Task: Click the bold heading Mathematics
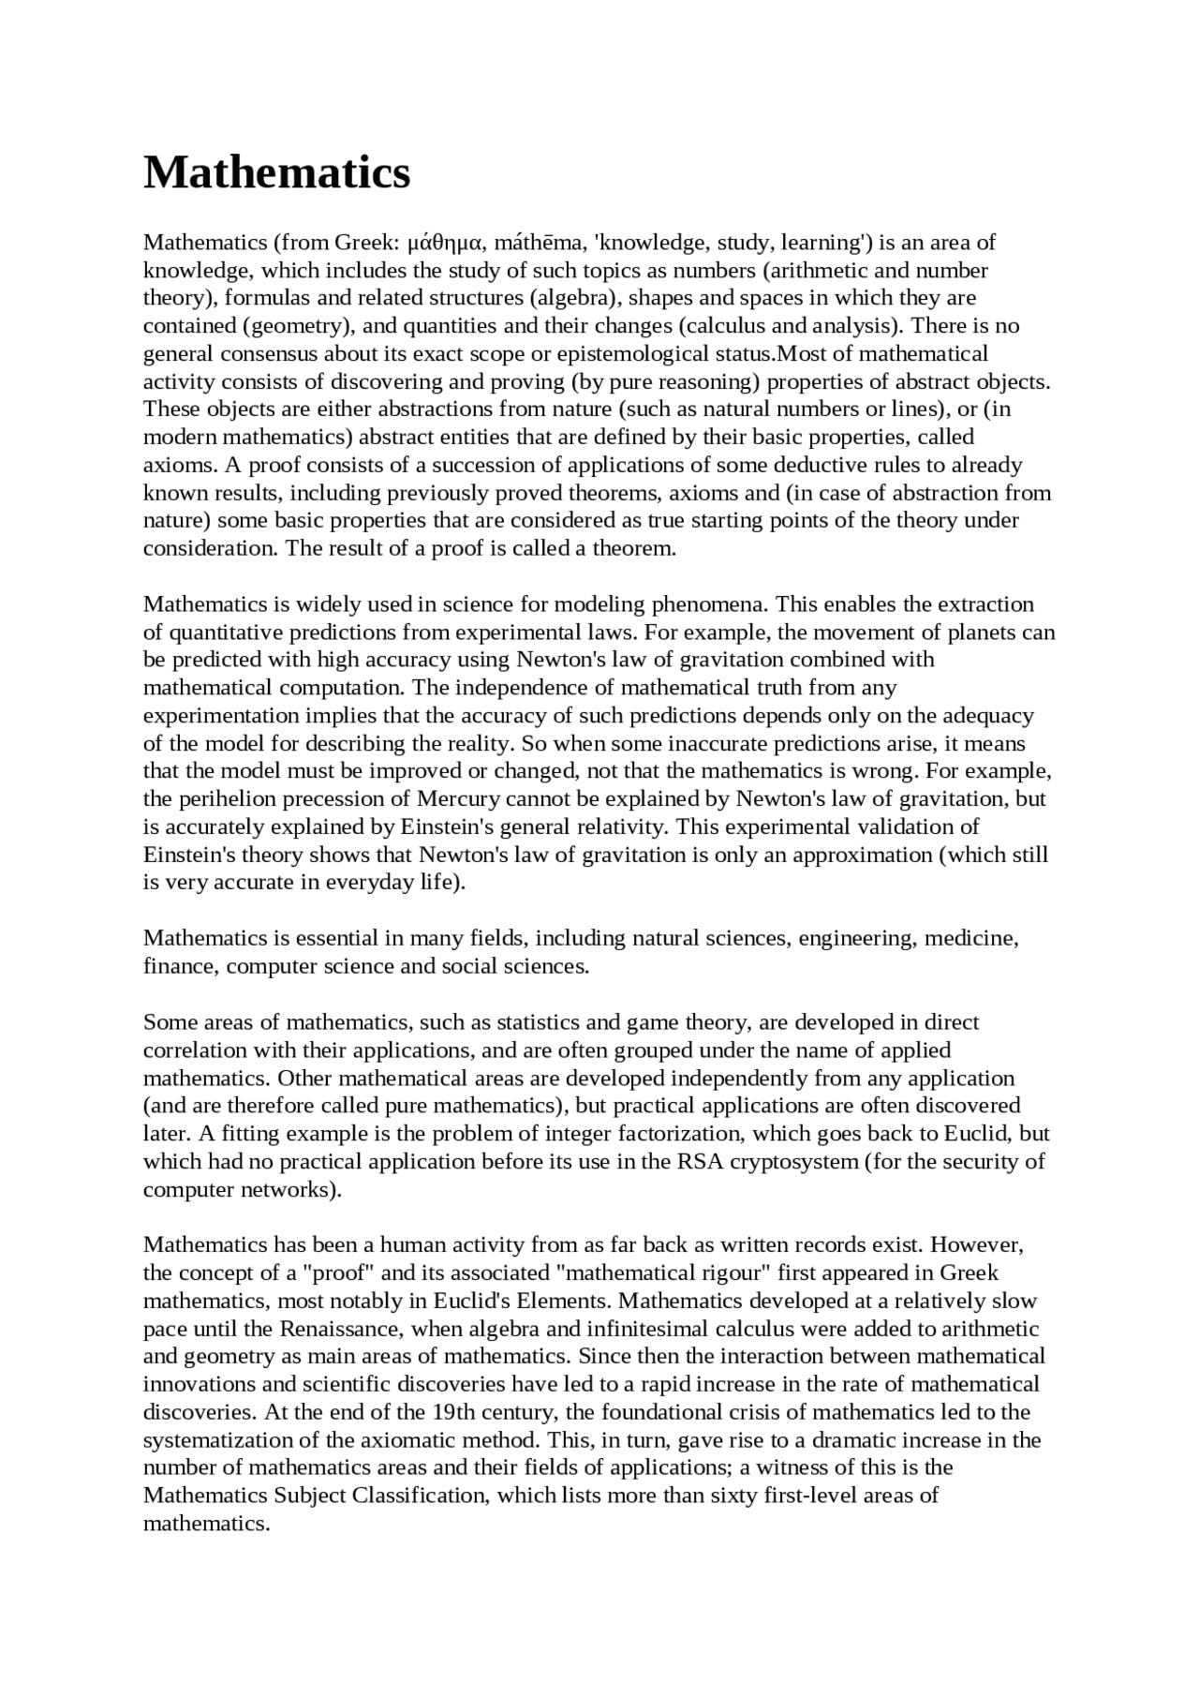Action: click(x=276, y=172)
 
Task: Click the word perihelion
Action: click(x=222, y=799)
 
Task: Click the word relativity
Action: click(x=619, y=827)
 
